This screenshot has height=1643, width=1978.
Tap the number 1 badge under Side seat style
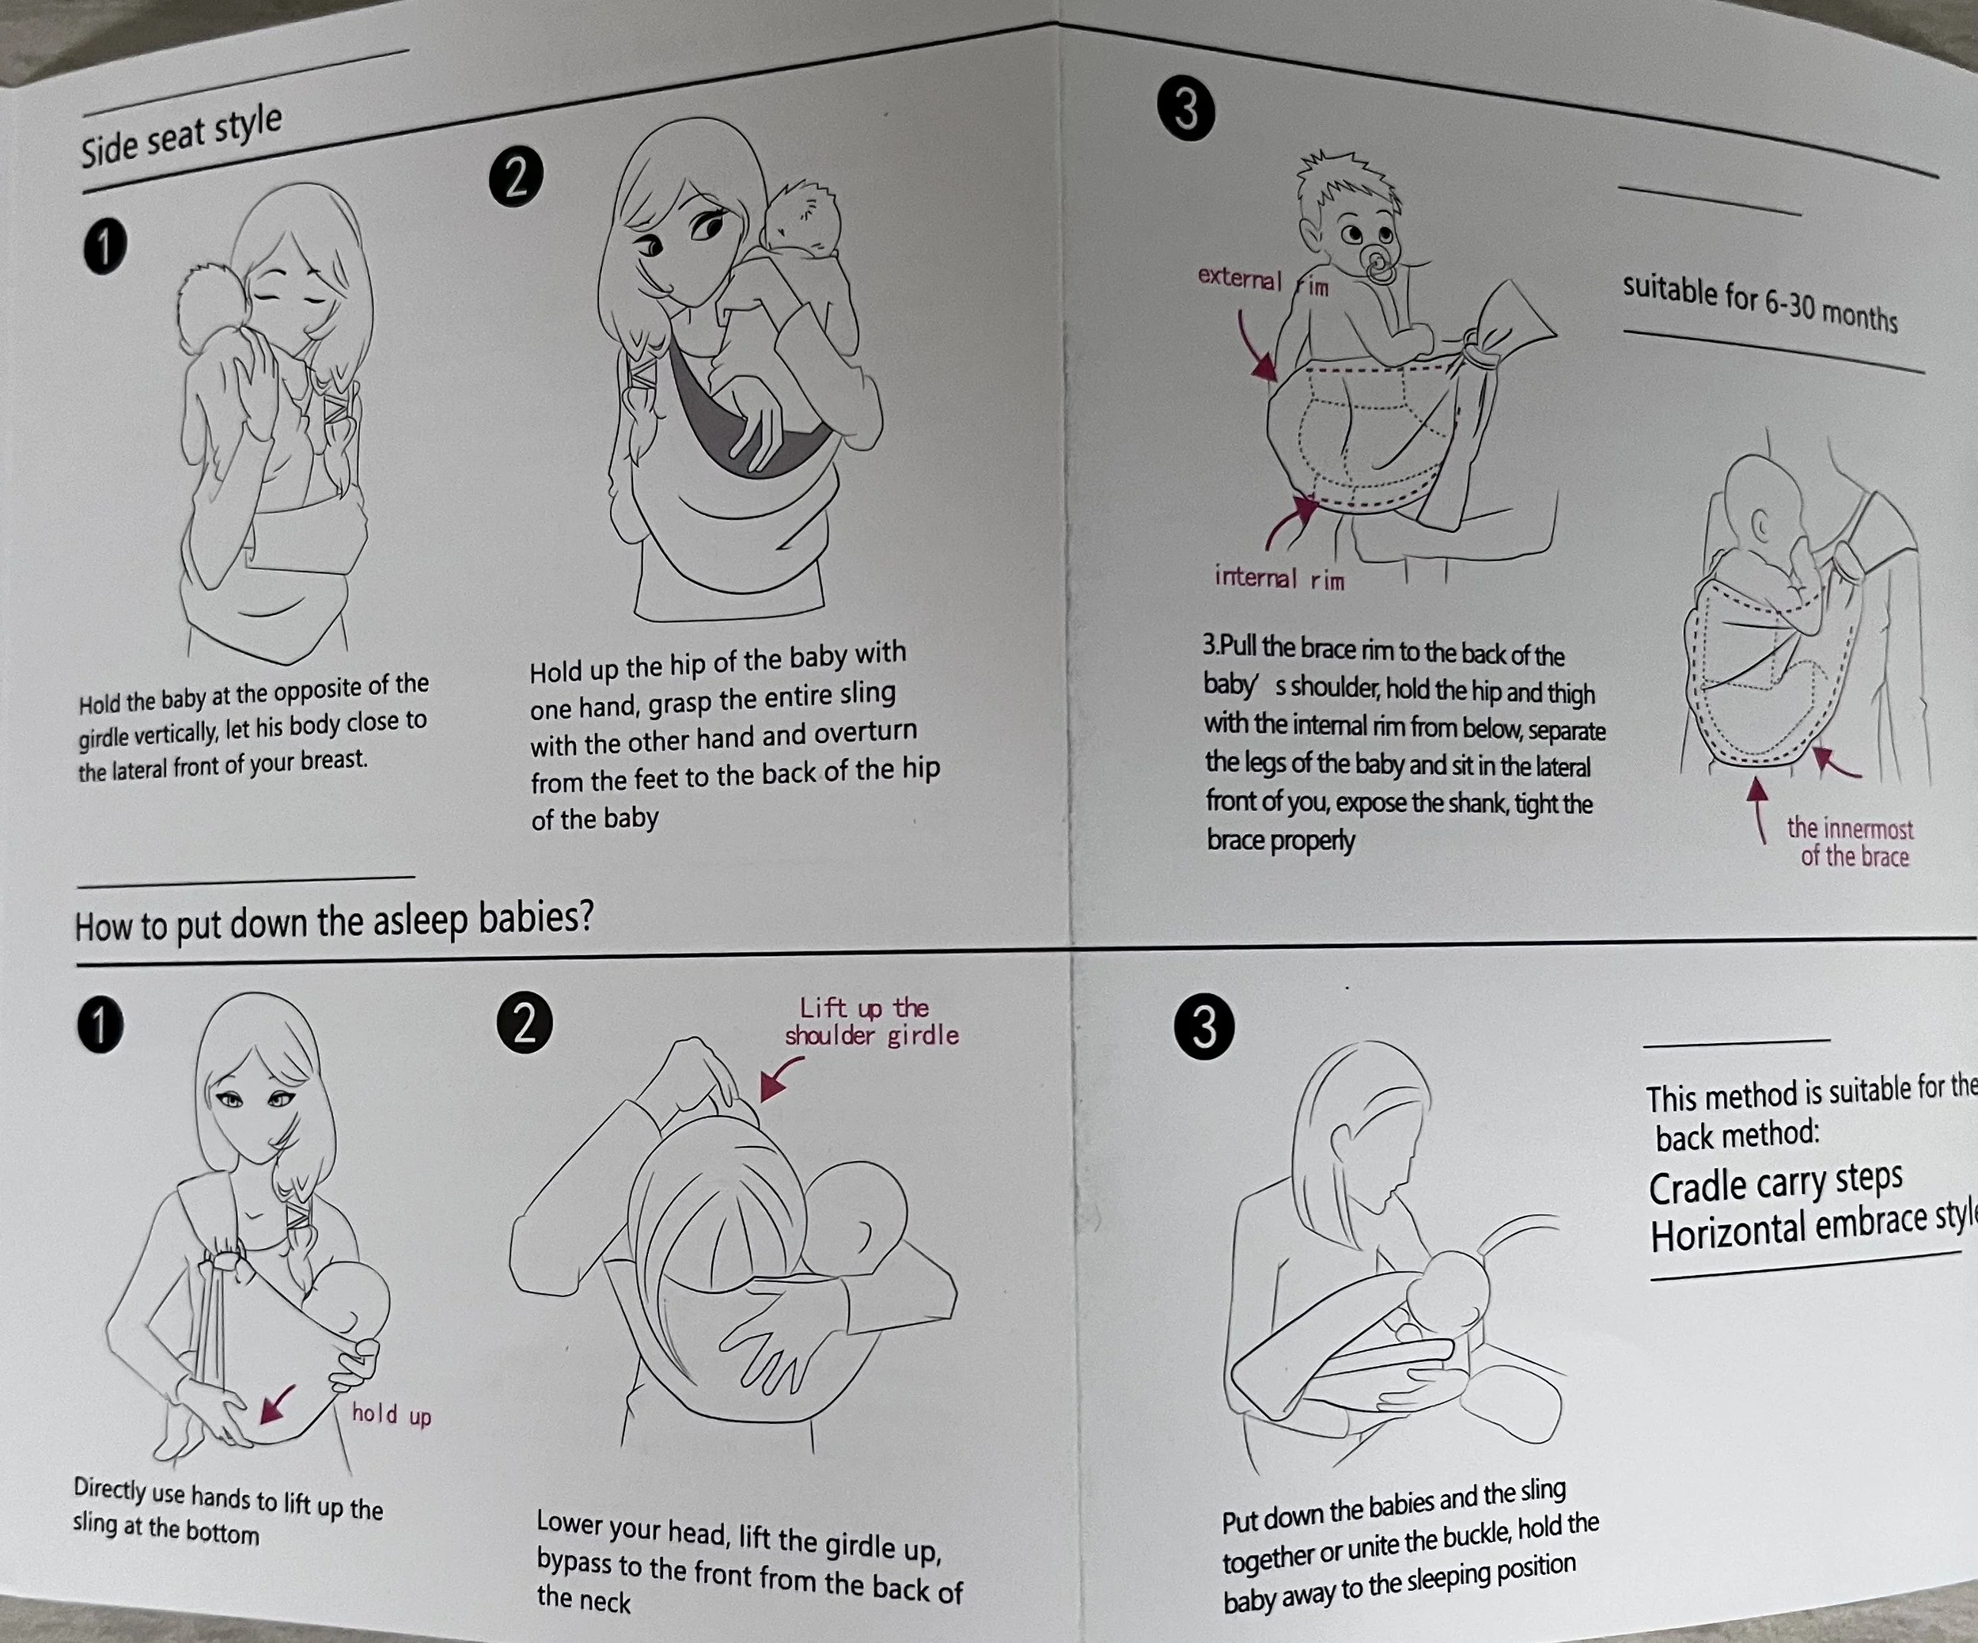(104, 248)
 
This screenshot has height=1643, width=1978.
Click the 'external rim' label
(1263, 280)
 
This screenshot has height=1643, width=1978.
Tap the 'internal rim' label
(1279, 578)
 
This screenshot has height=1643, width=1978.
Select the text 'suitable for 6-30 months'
(1760, 303)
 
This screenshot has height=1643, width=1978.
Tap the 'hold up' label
(391, 1414)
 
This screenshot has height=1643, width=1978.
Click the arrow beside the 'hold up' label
(277, 1402)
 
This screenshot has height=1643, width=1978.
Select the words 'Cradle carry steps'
(1775, 1182)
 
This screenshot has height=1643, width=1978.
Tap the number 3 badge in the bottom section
(1203, 1027)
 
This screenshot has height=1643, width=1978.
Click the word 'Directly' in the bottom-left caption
(110, 1489)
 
